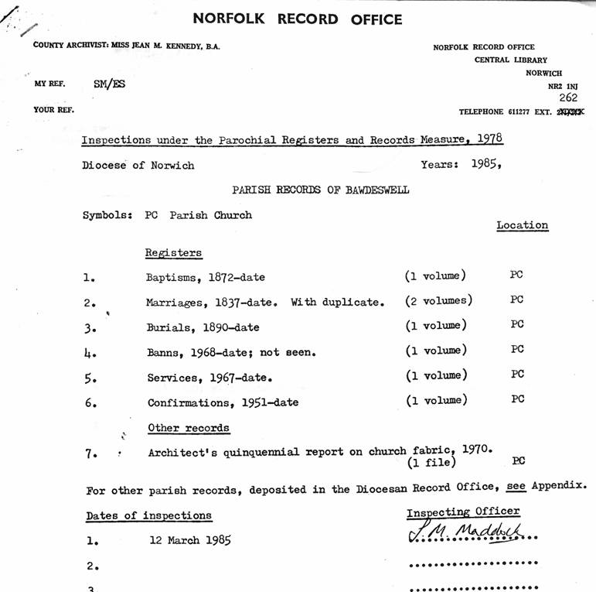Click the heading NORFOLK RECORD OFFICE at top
[298, 19]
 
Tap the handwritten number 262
[568, 98]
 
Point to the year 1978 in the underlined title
[488, 139]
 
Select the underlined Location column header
[522, 225]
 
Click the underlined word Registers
[173, 252]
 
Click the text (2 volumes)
[438, 300]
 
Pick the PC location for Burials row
[517, 325]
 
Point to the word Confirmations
[188, 402]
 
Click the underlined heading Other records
[189, 428]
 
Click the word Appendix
[558, 487]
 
